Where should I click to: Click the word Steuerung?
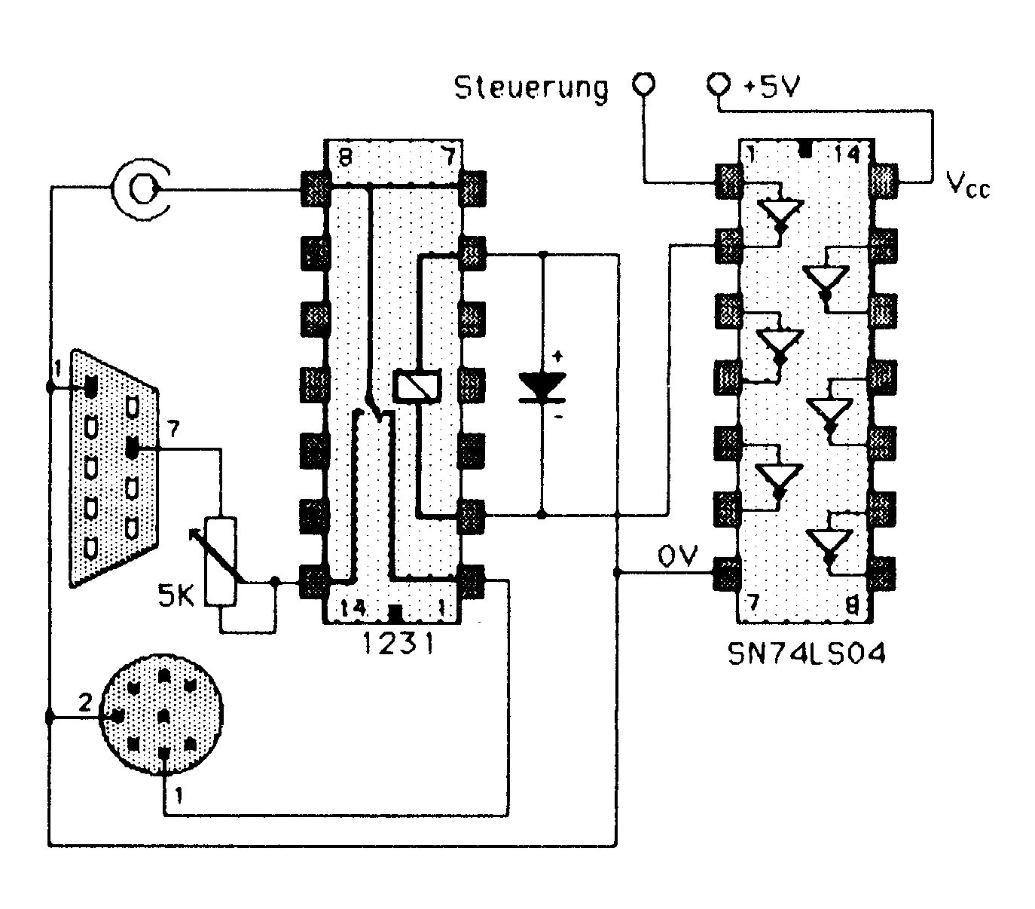point(531,88)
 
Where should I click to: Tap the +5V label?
point(771,86)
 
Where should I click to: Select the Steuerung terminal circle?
point(643,83)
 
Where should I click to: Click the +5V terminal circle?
point(719,83)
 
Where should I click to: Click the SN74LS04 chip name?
point(807,654)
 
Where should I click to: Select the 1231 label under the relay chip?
point(398,643)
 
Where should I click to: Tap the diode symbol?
point(542,387)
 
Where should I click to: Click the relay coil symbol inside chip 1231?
point(417,385)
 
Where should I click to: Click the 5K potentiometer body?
point(221,562)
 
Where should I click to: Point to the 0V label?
point(677,555)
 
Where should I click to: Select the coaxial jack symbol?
point(141,190)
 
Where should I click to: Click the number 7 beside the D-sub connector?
point(174,430)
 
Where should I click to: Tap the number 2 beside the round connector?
point(85,702)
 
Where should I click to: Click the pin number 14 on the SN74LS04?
point(847,153)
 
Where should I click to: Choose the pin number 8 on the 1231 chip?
point(345,157)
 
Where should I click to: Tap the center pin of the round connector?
point(164,716)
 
